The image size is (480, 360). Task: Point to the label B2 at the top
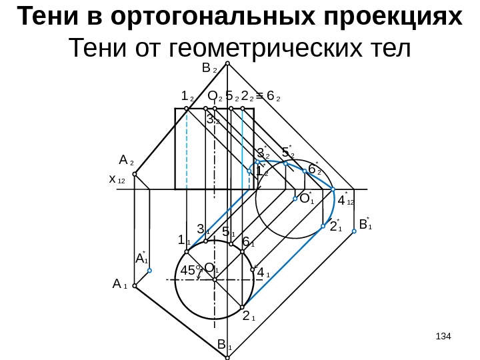pos(207,68)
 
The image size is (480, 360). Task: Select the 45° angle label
pos(191,270)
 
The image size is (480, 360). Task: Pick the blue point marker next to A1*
pos(150,271)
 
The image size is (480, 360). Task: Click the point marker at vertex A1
pos(135,285)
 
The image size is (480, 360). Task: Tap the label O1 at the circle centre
pos(211,268)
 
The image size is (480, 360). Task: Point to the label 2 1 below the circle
pos(248,315)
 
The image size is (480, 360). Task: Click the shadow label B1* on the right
pos(365,224)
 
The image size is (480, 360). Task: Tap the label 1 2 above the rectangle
pos(187,97)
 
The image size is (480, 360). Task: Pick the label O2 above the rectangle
pos(214,97)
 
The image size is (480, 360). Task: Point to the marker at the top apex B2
pos(227,64)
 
